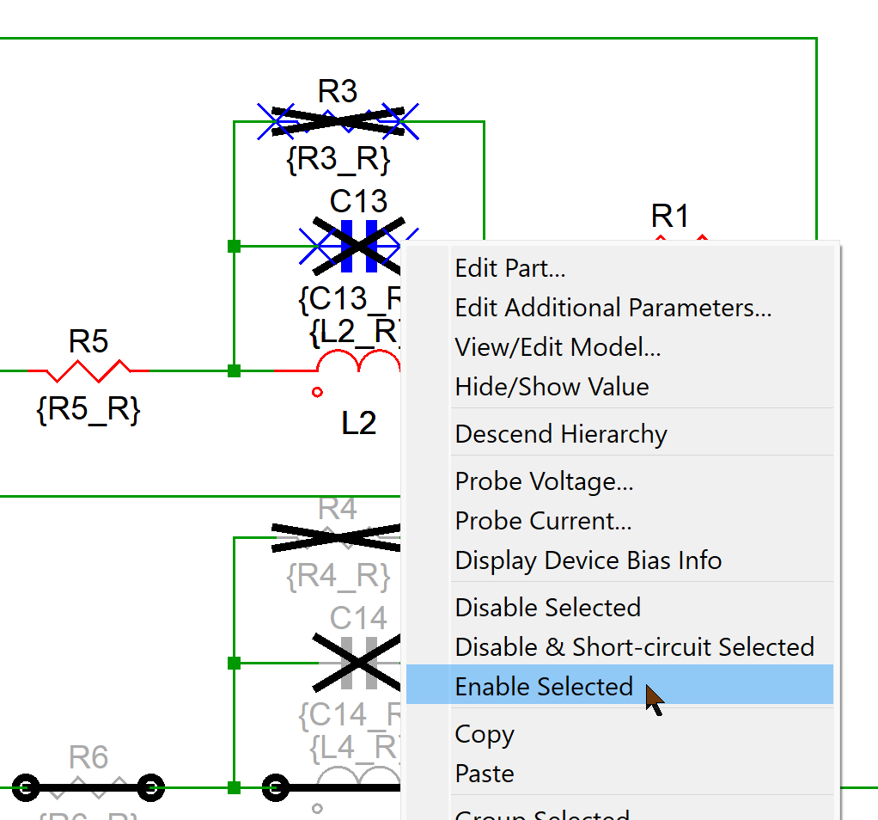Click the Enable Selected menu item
544,686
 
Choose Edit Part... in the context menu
509,268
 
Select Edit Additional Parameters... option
613,308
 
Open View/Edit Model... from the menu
558,347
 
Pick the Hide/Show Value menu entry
552,387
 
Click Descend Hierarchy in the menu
560,434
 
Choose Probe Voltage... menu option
544,481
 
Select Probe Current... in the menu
543,521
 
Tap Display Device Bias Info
588,560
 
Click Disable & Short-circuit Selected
634,646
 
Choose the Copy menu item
485,734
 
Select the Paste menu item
485,774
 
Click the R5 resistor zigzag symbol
88,370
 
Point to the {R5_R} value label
88,410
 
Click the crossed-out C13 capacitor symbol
358,246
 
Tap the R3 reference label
338,90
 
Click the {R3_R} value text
338,159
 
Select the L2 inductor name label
358,423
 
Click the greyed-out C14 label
358,618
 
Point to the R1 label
670,216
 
